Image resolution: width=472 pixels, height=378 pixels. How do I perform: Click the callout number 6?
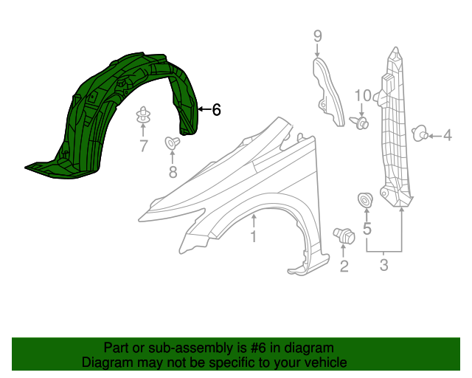click(x=216, y=110)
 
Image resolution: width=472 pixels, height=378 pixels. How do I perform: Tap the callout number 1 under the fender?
click(x=253, y=236)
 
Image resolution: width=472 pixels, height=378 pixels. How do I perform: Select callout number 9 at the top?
click(x=318, y=35)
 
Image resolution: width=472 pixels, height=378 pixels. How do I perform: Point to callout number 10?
click(x=362, y=95)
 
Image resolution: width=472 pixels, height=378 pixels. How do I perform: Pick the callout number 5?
click(x=367, y=230)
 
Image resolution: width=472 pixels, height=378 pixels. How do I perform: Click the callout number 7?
click(x=143, y=146)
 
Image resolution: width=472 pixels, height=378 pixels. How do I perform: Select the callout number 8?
click(x=173, y=172)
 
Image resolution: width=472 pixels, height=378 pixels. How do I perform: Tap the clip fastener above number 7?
click(x=143, y=116)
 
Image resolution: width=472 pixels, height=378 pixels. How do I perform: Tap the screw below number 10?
click(x=361, y=123)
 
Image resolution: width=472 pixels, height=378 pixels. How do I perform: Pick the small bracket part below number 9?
click(x=329, y=92)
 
